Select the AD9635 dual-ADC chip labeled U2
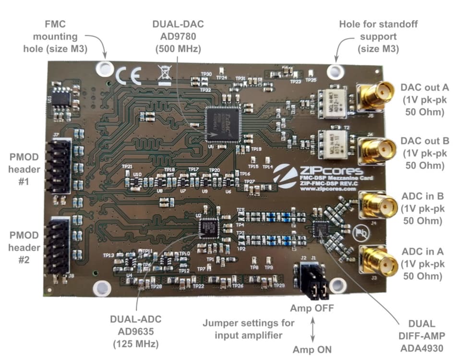[x=208, y=227]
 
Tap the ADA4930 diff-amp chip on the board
[x=320, y=229]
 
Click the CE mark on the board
[x=128, y=76]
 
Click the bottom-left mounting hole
[x=101, y=289]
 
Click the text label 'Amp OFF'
[x=312, y=307]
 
